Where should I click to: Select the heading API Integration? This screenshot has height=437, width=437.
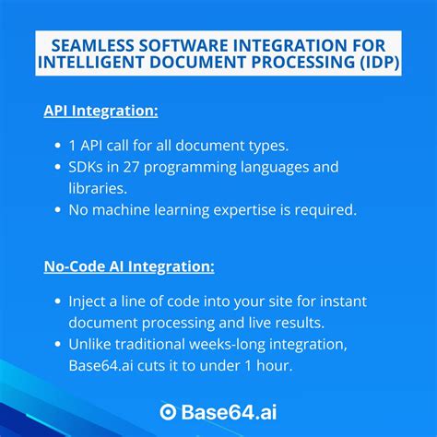click(100, 111)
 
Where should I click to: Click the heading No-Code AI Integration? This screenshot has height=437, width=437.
click(129, 266)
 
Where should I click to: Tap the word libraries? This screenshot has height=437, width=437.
click(100, 187)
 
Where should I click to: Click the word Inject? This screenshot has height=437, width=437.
click(89, 301)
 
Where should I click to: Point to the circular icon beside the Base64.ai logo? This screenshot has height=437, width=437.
click(168, 411)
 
